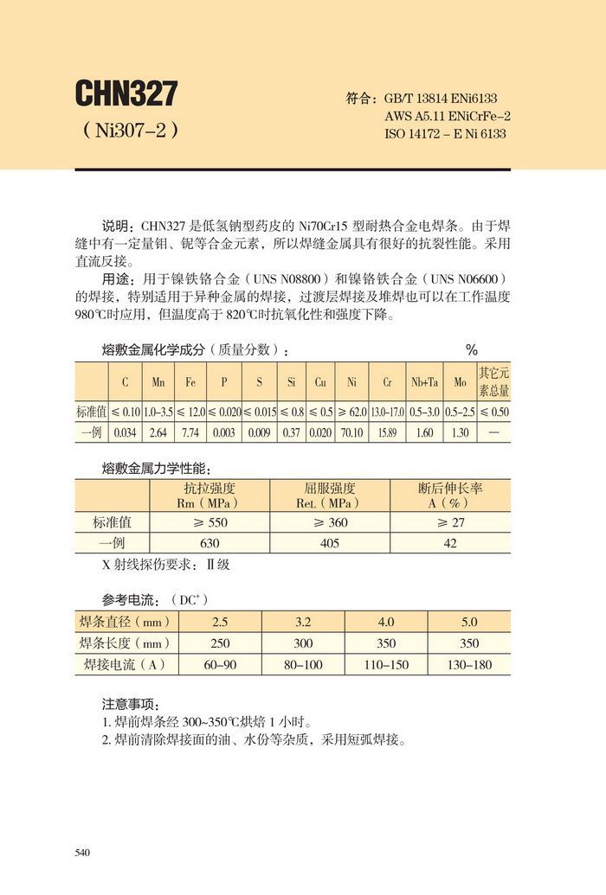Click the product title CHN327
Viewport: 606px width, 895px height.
(x=126, y=93)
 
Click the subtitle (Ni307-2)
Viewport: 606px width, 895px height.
(x=130, y=131)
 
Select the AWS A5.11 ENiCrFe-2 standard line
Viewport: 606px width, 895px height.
(x=447, y=117)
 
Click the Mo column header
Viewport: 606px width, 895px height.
(x=460, y=381)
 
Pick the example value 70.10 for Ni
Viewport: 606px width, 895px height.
(x=352, y=432)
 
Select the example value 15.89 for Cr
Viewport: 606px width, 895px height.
(x=387, y=432)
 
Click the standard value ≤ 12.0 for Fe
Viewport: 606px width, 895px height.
(x=190, y=412)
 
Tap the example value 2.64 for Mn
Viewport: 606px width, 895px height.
(x=158, y=432)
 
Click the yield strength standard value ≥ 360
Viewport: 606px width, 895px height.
(x=330, y=522)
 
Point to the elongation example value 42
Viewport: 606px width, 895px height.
(x=450, y=544)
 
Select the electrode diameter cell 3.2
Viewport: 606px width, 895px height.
(x=304, y=622)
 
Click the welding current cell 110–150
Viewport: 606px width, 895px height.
(x=386, y=665)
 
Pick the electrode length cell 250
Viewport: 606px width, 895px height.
(x=221, y=643)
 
